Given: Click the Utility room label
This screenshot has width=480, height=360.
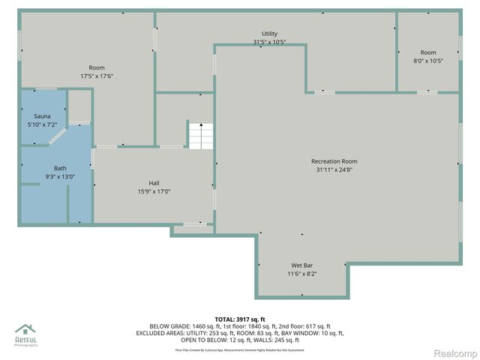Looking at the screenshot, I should point(269,34).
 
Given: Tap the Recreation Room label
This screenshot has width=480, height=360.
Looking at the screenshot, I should point(334,161).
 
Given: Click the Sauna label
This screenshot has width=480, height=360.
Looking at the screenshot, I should point(42,116).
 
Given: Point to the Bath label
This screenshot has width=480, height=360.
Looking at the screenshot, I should point(60,168).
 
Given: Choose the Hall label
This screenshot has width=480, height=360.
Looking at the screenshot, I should point(154,183).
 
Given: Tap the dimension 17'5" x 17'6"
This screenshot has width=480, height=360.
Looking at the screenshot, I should point(97,76).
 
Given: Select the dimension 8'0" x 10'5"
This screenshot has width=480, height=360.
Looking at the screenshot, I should point(427,61).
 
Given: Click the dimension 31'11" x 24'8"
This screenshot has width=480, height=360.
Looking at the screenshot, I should point(334,169).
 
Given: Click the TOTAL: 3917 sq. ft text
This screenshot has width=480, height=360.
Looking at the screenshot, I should point(239,318).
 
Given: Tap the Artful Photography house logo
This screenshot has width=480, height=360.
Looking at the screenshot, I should point(25,330).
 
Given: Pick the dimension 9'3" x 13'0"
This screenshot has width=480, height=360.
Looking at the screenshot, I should point(60,176).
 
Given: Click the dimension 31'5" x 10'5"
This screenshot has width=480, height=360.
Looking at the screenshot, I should point(269,42).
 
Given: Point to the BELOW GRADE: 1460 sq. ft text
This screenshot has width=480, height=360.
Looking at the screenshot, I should point(184,326).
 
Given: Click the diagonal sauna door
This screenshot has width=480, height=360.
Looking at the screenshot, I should point(56,136).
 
